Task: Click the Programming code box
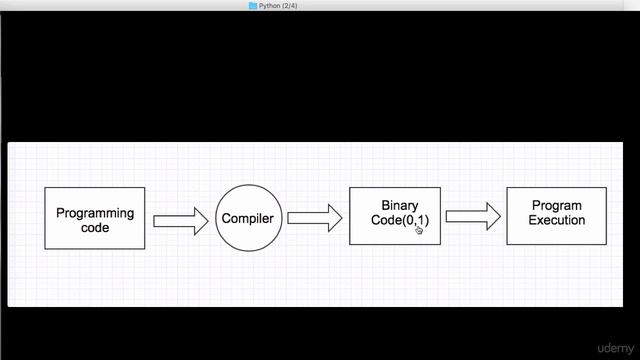(x=94, y=218)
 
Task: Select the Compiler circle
(x=247, y=218)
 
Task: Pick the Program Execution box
(x=556, y=215)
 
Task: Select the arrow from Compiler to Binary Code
(x=314, y=218)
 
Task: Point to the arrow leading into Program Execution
(x=473, y=215)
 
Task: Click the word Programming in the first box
(x=95, y=213)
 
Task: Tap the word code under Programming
(x=95, y=228)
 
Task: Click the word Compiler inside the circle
(x=247, y=219)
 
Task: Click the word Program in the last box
(x=557, y=207)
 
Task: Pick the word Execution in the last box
(x=557, y=221)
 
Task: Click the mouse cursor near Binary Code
(x=418, y=229)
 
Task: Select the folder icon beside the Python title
(x=253, y=5)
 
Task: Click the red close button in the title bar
(x=8, y=5)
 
